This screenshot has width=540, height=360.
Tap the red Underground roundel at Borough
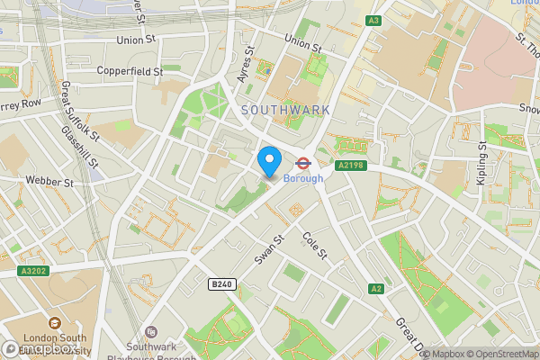[303, 164]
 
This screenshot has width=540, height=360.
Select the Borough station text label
[303, 178]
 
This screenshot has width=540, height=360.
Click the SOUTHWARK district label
[285, 110]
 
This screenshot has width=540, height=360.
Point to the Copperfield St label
[130, 70]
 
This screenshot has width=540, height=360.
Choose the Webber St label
[49, 182]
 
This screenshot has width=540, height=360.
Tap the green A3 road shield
[373, 20]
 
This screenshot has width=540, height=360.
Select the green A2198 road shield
[352, 166]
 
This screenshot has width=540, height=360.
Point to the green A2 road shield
[375, 288]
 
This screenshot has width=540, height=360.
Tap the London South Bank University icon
[54, 323]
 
